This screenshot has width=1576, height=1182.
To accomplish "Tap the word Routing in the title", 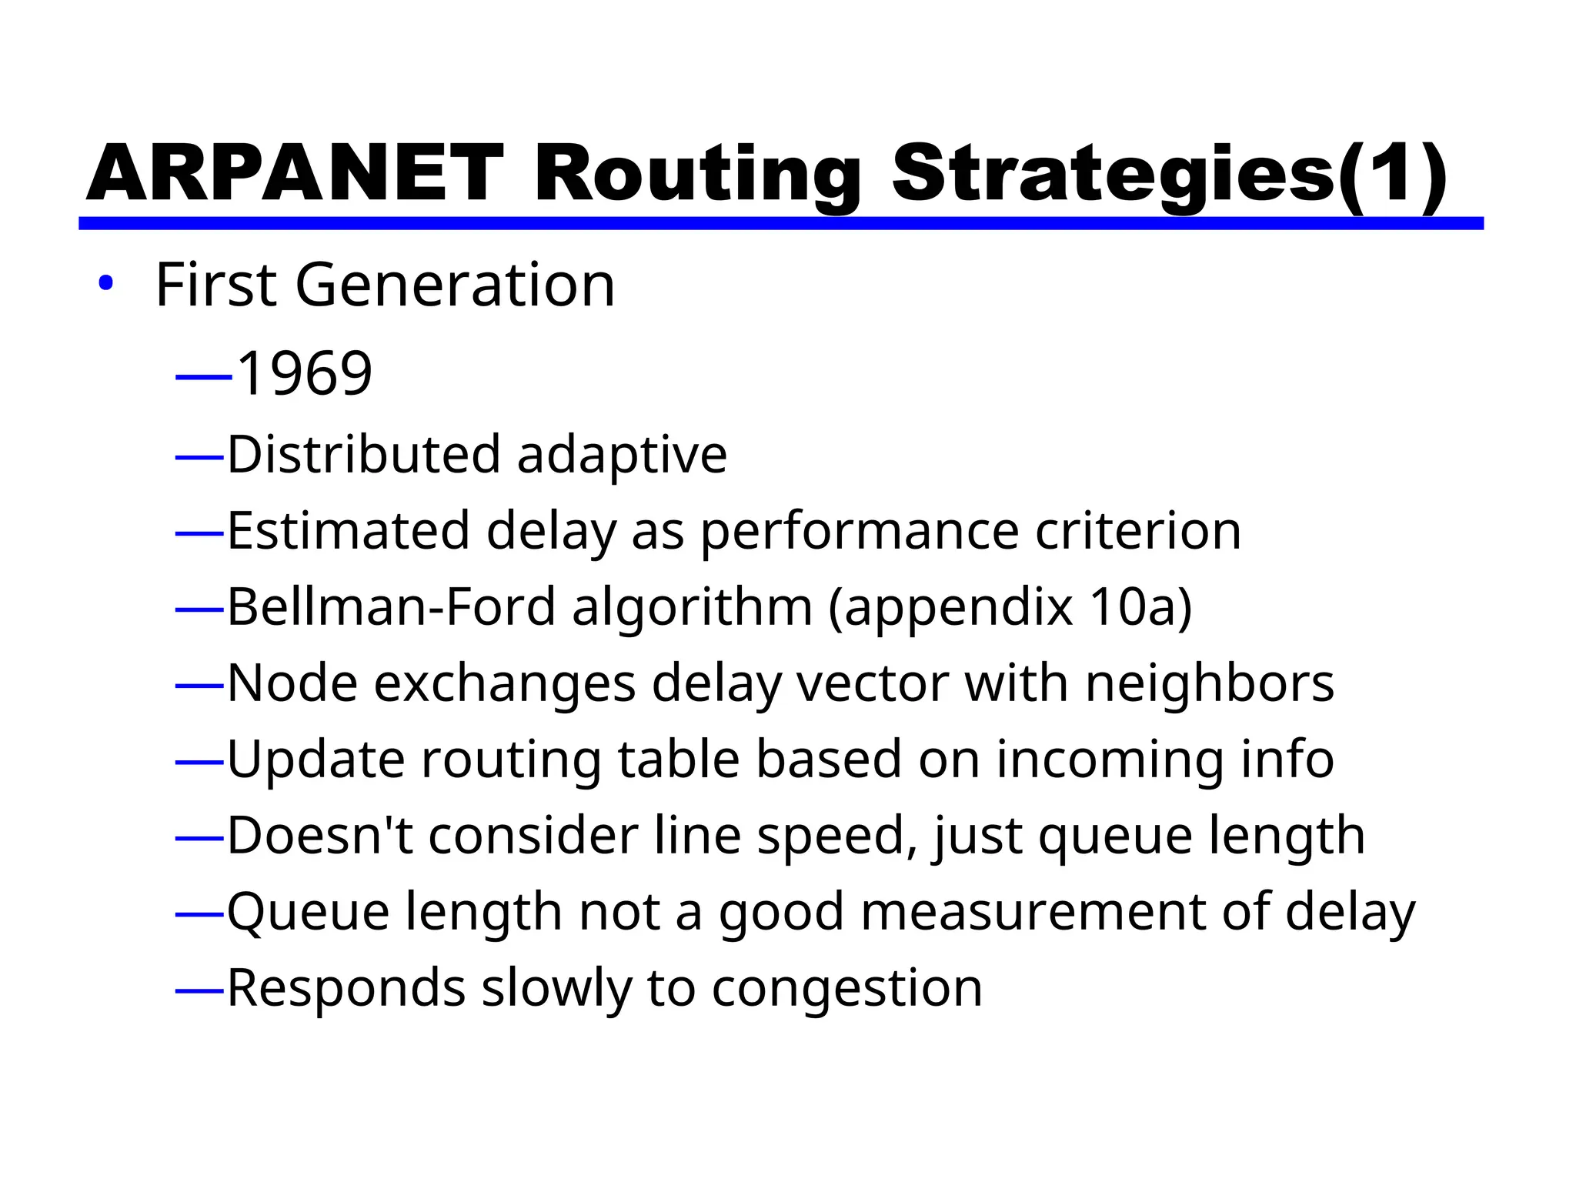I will [697, 175].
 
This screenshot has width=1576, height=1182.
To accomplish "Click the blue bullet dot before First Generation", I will [105, 284].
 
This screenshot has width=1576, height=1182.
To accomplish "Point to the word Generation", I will [455, 285].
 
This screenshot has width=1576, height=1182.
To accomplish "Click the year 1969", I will [305, 373].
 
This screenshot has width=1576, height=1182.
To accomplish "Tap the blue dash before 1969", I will [203, 377].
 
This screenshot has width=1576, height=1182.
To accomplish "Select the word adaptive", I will [622, 456].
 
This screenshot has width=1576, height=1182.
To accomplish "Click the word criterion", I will [1138, 531].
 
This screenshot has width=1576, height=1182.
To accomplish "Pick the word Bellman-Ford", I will [391, 606].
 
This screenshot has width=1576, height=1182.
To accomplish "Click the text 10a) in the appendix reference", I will [1140, 608].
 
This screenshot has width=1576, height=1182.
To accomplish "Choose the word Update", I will [316, 760].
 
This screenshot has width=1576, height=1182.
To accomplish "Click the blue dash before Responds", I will [199, 990].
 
